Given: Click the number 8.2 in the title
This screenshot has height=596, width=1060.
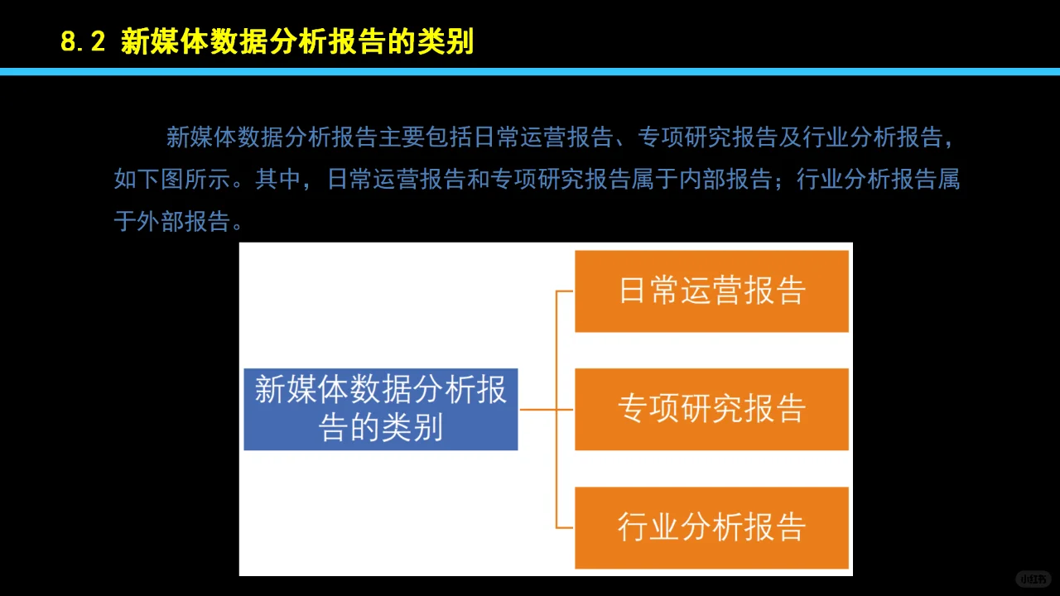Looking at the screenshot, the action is pyautogui.click(x=83, y=41).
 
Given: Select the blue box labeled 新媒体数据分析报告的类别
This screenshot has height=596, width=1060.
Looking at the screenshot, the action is pyautogui.click(x=380, y=409).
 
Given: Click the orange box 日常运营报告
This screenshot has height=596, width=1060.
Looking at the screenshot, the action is pyautogui.click(x=711, y=291).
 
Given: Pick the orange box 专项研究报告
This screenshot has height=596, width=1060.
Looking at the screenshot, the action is pyautogui.click(x=711, y=409).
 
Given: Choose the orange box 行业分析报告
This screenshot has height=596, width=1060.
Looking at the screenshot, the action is pyautogui.click(x=711, y=527).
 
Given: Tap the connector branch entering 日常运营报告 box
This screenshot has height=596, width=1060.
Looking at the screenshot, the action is pyautogui.click(x=565, y=291).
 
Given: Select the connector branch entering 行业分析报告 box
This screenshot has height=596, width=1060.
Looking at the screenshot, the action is pyautogui.click(x=565, y=527).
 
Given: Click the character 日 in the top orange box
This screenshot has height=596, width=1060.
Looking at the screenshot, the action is pyautogui.click(x=632, y=291).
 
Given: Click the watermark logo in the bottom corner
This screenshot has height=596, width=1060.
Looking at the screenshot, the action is pyautogui.click(x=1033, y=579).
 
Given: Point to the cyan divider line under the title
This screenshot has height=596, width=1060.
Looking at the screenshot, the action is pyautogui.click(x=530, y=72).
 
